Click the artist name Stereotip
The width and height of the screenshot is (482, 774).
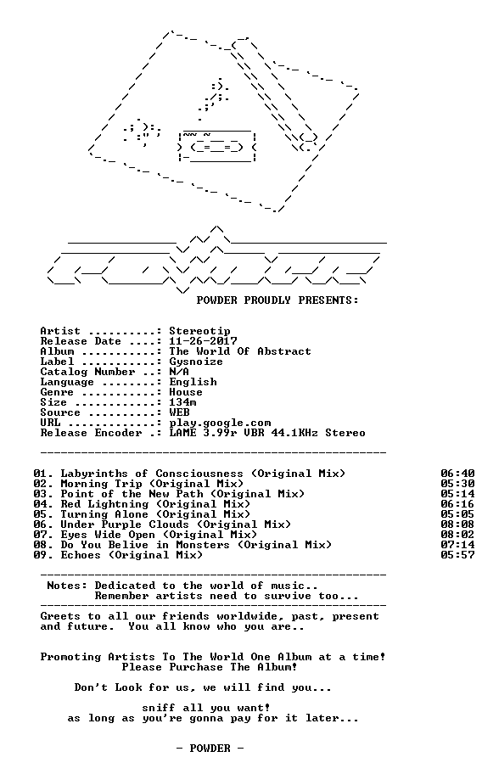pyautogui.click(x=199, y=331)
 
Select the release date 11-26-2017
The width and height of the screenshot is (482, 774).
pyautogui.click(x=204, y=341)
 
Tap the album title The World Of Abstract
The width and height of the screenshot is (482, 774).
pyautogui.click(x=240, y=351)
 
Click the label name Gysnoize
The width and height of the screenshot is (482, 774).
pyautogui.click(x=196, y=362)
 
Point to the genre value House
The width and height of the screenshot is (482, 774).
pyautogui.click(x=186, y=392)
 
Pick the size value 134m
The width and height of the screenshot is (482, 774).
pyautogui.click(x=182, y=402)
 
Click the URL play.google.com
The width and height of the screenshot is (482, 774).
pyautogui.click(x=220, y=423)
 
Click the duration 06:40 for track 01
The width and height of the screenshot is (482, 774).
pyautogui.click(x=458, y=474)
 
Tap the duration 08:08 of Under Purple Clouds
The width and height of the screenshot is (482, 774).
pyautogui.click(x=458, y=524)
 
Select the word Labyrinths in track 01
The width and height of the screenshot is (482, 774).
pyautogui.click(x=94, y=474)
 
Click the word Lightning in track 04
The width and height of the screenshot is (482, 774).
pyautogui.click(x=118, y=504)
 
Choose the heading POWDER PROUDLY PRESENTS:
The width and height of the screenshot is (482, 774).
pyautogui.click(x=277, y=300)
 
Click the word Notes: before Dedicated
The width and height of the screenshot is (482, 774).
pyautogui.click(x=67, y=586)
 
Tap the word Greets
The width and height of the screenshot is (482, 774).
pyautogui.click(x=60, y=616)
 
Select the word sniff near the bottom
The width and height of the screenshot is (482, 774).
pyautogui.click(x=159, y=708)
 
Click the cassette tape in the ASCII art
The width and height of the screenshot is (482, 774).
pyautogui.click(x=217, y=146)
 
